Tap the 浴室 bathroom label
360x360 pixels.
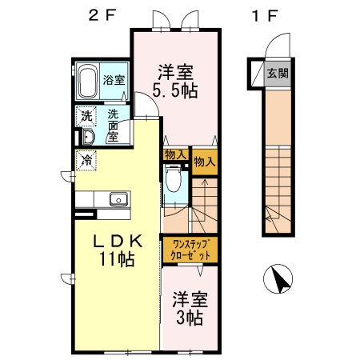point(114,80)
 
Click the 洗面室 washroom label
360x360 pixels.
point(113,125)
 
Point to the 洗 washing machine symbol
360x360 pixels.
point(86,116)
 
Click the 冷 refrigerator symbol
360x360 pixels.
point(86,160)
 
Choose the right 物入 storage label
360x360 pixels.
point(205,161)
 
